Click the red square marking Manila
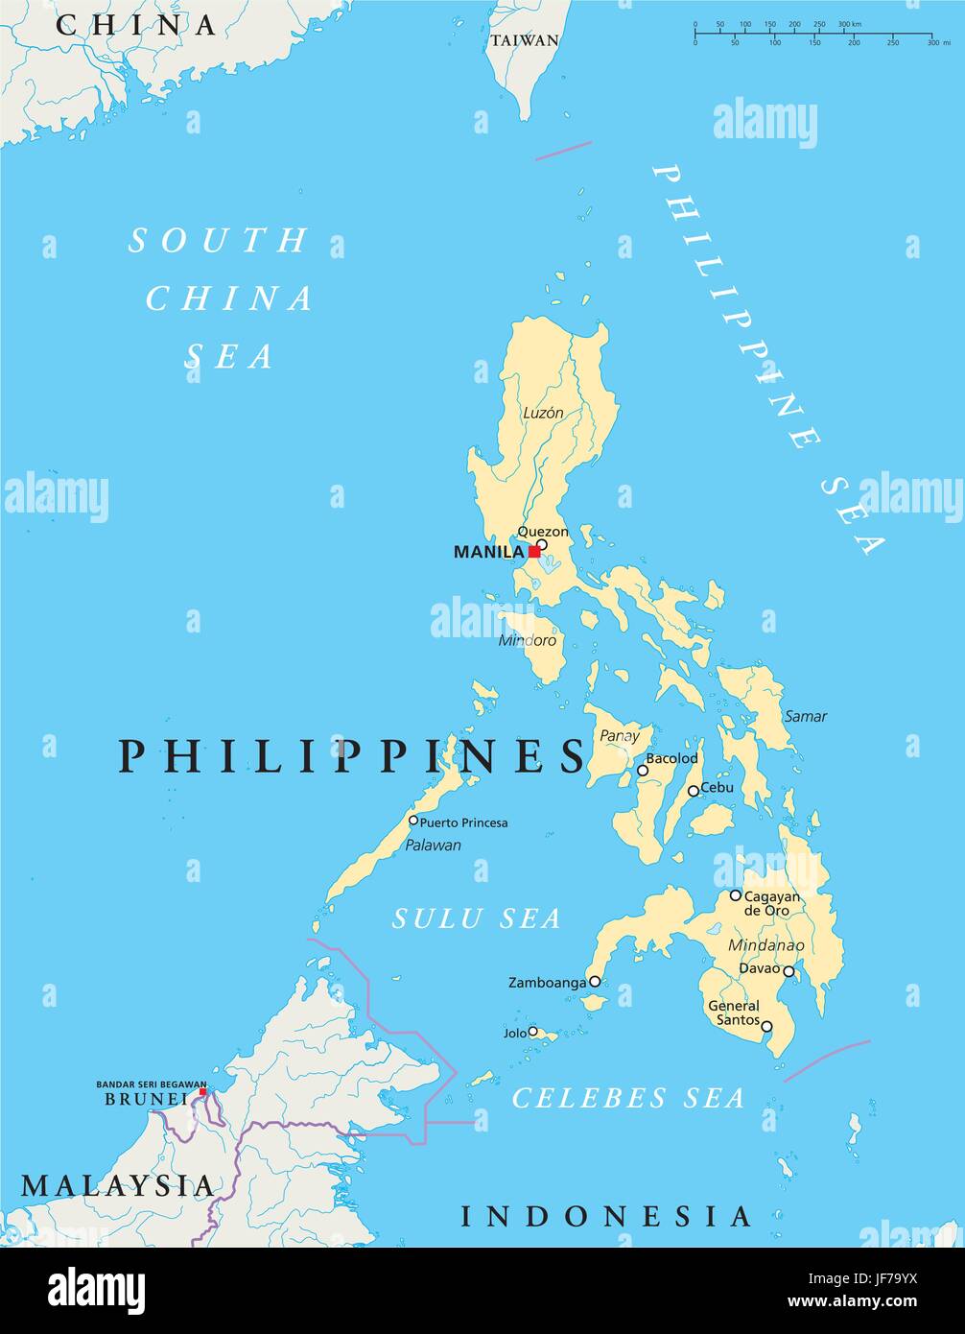533,552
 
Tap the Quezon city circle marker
541,544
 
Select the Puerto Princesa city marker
413,821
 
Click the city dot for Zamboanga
595,982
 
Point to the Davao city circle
788,971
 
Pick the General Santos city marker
766,1026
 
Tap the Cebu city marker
693,791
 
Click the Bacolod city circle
643,770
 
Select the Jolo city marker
532,1032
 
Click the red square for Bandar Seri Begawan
202,1091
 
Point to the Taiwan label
524,40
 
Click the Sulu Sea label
476,918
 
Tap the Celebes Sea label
628,1098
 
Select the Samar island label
805,716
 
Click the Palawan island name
433,846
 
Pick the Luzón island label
543,413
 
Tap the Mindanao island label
765,945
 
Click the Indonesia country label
605,1217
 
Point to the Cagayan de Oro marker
735,895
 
